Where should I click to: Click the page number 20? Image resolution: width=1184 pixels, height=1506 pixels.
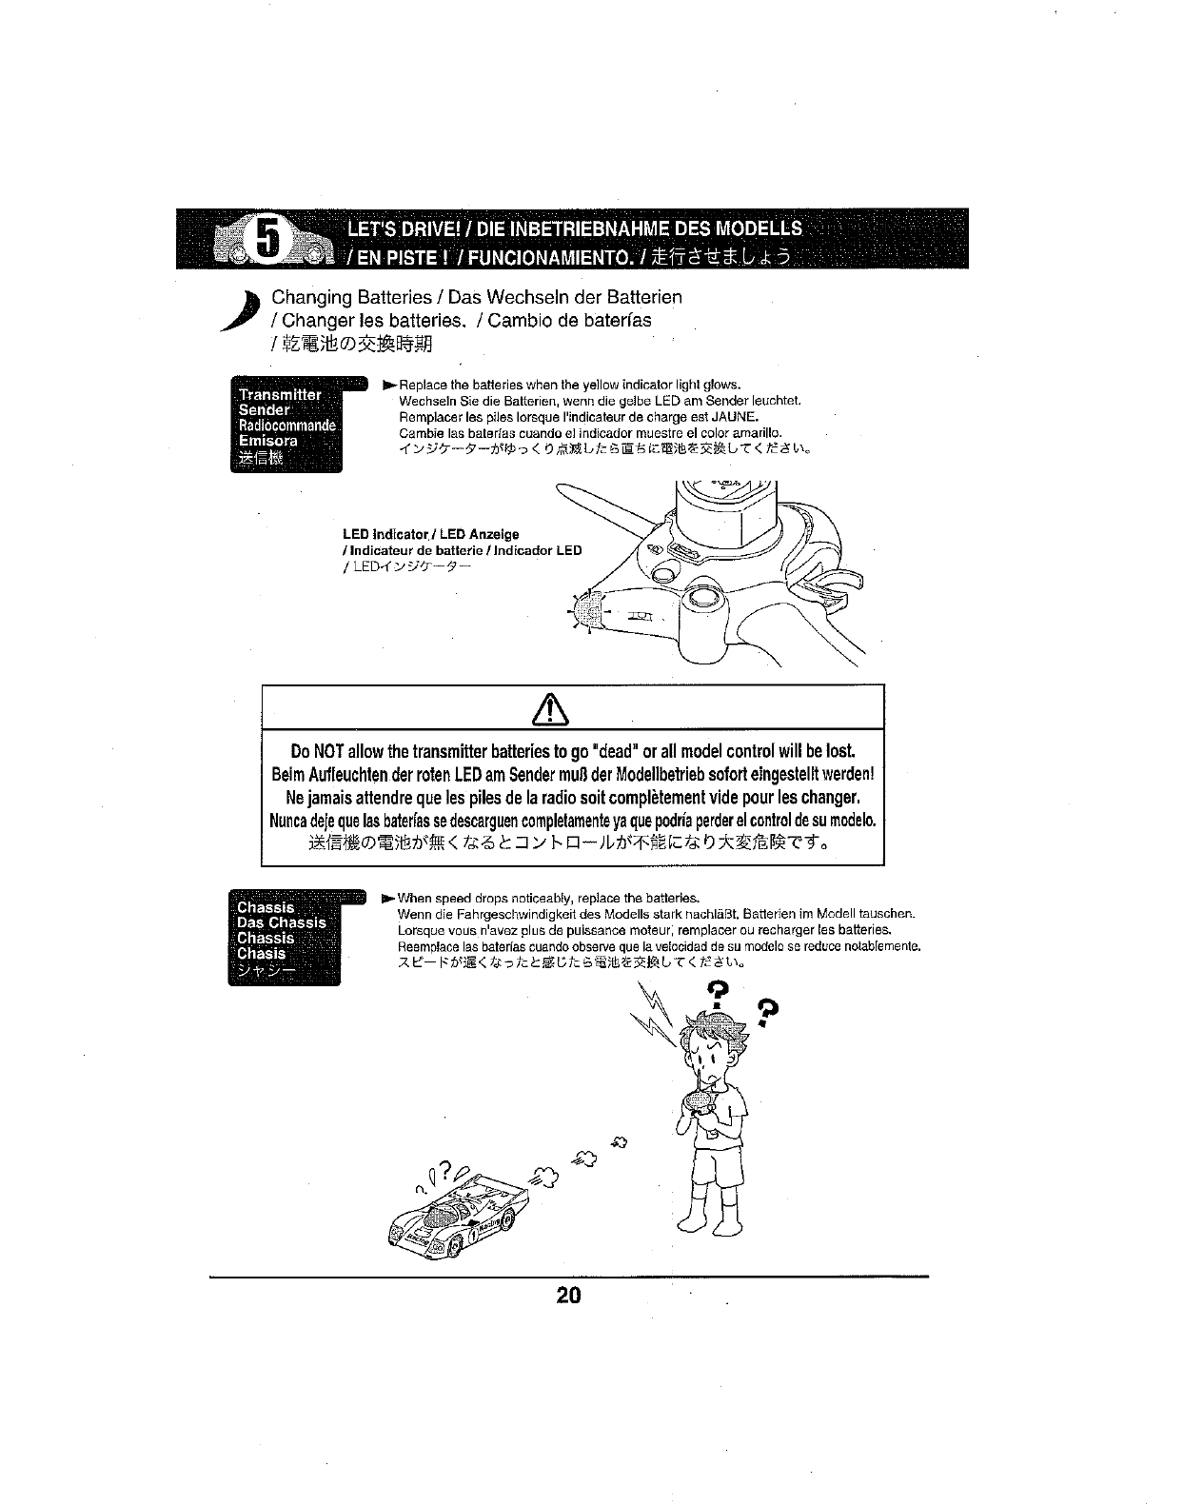[x=568, y=1296]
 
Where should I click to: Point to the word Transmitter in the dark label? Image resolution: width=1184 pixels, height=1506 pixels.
[x=279, y=394]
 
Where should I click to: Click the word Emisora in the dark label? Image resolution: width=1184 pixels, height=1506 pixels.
[x=267, y=441]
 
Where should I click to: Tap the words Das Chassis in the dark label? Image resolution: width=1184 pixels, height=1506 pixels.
[x=281, y=922]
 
